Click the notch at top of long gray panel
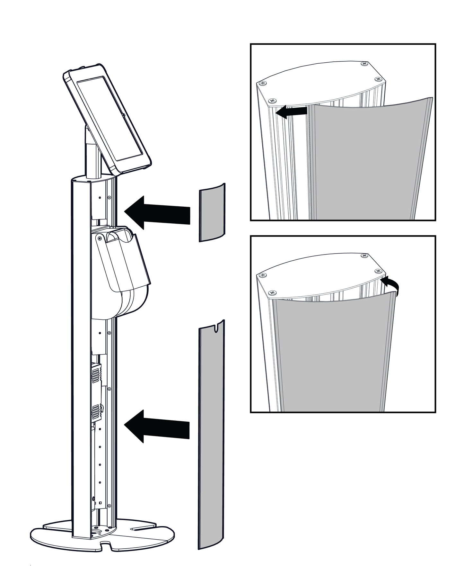point(216,327)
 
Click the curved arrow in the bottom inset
point(391,285)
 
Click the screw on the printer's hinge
point(100,238)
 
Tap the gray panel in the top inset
point(366,161)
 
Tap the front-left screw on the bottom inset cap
point(273,292)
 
